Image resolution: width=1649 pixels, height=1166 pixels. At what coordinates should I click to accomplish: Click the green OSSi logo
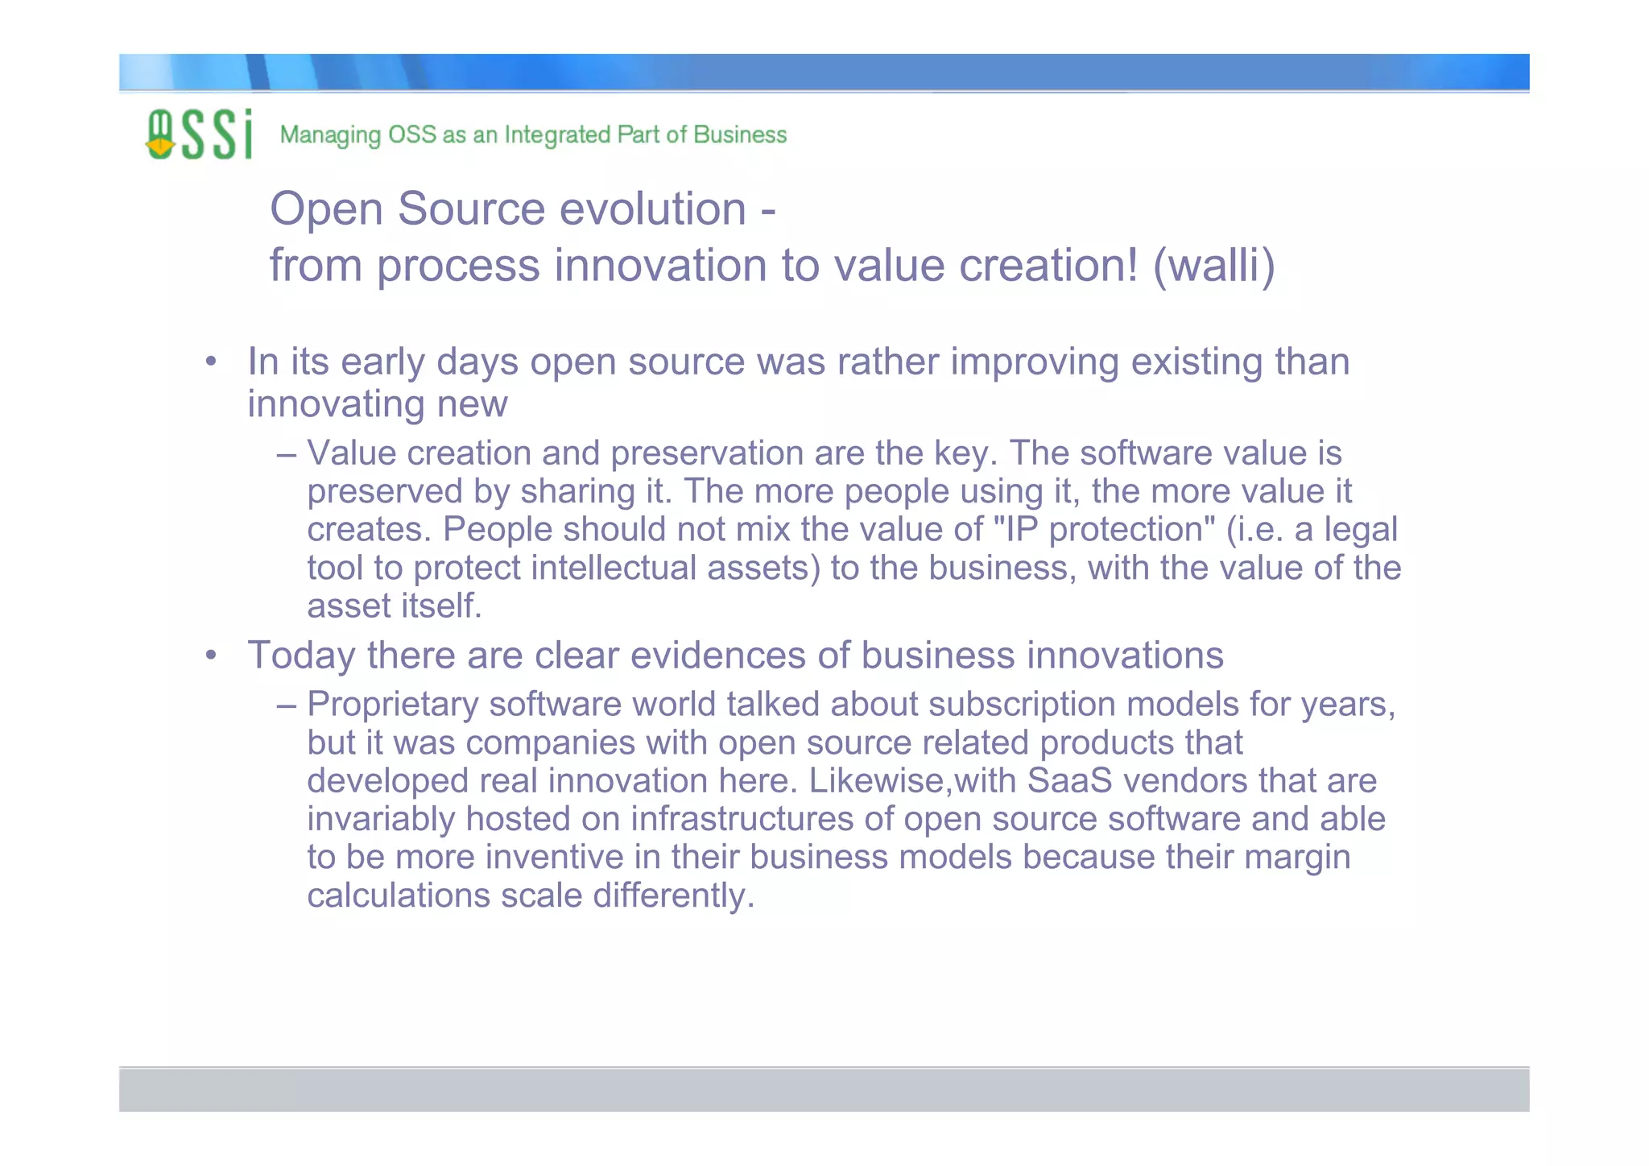click(198, 134)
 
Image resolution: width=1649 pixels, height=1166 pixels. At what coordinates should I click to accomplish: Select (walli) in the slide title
click(1213, 266)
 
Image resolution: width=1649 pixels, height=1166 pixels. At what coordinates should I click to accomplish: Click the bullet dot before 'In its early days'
click(210, 362)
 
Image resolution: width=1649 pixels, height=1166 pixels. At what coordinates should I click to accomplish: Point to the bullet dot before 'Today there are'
click(210, 655)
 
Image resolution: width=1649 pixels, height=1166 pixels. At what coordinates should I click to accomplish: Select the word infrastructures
click(741, 819)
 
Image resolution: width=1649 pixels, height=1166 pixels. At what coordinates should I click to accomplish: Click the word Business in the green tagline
click(739, 134)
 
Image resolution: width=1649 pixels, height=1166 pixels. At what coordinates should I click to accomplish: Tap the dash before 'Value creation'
click(287, 453)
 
